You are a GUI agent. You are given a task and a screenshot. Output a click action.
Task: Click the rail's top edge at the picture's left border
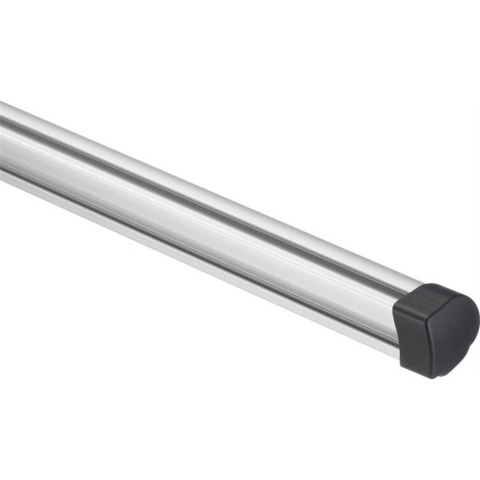click(2, 103)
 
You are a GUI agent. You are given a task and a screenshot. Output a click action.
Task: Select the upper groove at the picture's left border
click(2, 122)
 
